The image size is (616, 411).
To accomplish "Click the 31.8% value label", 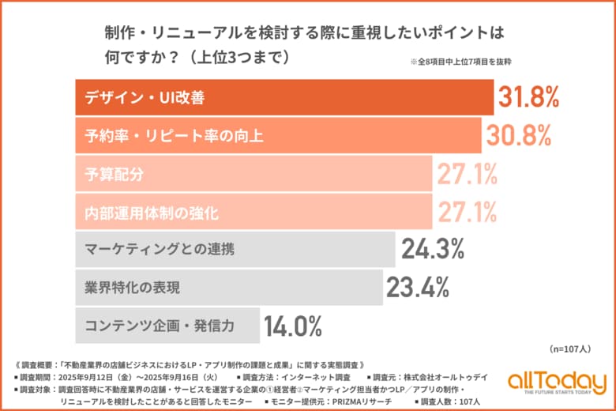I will pos(528,97).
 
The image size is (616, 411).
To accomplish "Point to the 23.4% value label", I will pos(418,287).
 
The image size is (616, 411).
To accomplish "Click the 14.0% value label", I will pos(292,325).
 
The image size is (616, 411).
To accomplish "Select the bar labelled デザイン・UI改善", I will pos(284,97).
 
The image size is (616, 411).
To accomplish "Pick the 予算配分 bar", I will pos(254,173).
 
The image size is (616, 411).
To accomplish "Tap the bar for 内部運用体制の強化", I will pos(254,211).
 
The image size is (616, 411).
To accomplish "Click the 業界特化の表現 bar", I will pos(228,287).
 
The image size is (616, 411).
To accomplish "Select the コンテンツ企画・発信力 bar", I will pos(167,325).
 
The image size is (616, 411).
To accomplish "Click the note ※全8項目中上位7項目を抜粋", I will pos(467,62).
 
